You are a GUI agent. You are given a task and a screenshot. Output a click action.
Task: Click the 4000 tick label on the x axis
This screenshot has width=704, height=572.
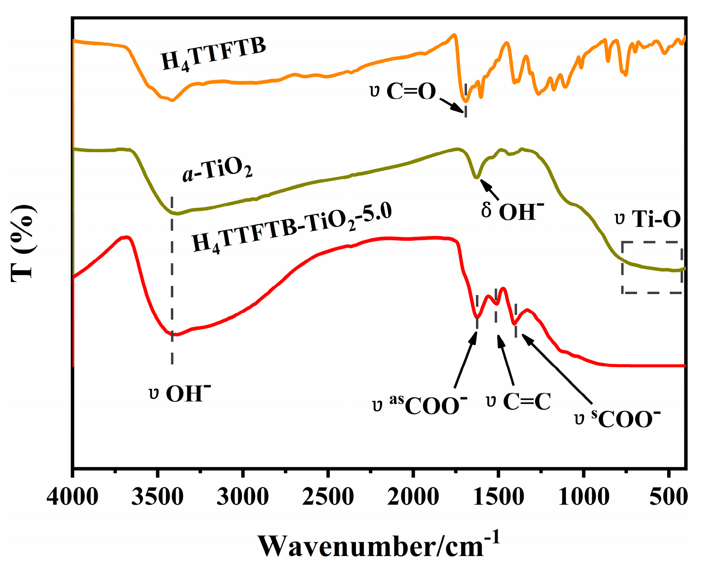point(72,497)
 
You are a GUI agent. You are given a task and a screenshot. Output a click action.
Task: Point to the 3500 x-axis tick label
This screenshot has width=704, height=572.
point(157,497)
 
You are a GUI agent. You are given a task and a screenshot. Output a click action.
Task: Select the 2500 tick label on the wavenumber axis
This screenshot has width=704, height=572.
point(328,497)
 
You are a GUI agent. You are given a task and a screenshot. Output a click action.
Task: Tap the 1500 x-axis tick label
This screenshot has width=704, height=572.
point(498,497)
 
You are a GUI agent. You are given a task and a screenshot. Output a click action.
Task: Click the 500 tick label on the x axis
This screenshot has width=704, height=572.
point(668,497)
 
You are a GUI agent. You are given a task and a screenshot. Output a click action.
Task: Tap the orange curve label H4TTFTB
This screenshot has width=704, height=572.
point(213,54)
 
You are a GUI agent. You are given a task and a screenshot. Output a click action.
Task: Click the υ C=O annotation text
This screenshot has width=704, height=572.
point(403,91)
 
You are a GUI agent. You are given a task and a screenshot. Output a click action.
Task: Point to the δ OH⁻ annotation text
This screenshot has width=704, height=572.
point(513,211)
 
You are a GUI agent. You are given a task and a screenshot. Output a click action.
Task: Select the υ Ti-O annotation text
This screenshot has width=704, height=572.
point(648,219)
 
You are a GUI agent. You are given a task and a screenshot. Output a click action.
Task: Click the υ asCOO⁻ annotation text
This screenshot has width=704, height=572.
point(420,405)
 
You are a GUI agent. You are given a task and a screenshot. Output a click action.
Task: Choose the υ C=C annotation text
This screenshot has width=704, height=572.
point(519,401)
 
